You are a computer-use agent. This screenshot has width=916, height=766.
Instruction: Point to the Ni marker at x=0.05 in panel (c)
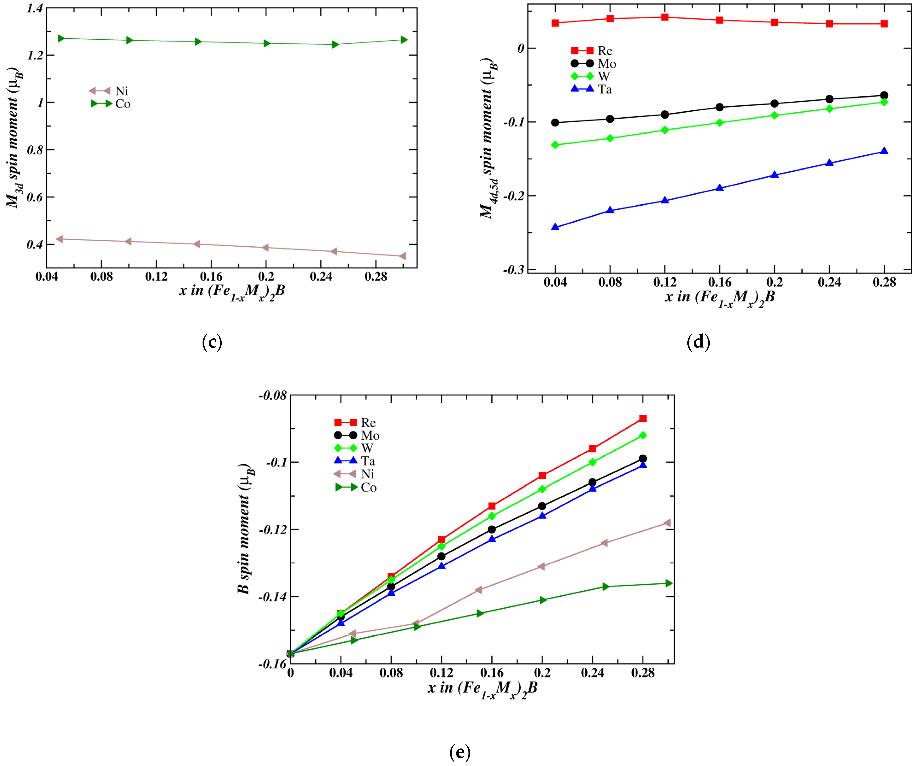tap(60, 239)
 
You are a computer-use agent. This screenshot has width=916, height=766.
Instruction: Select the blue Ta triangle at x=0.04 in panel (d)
tap(555, 227)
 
